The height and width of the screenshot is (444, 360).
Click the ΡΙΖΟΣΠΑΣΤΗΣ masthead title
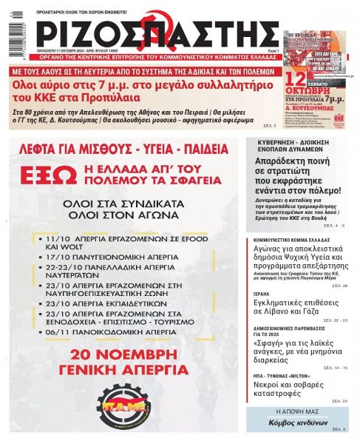coord(159,33)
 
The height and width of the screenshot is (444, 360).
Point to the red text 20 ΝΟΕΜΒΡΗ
coord(123,353)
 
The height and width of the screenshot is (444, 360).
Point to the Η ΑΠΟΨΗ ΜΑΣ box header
coord(297,411)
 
